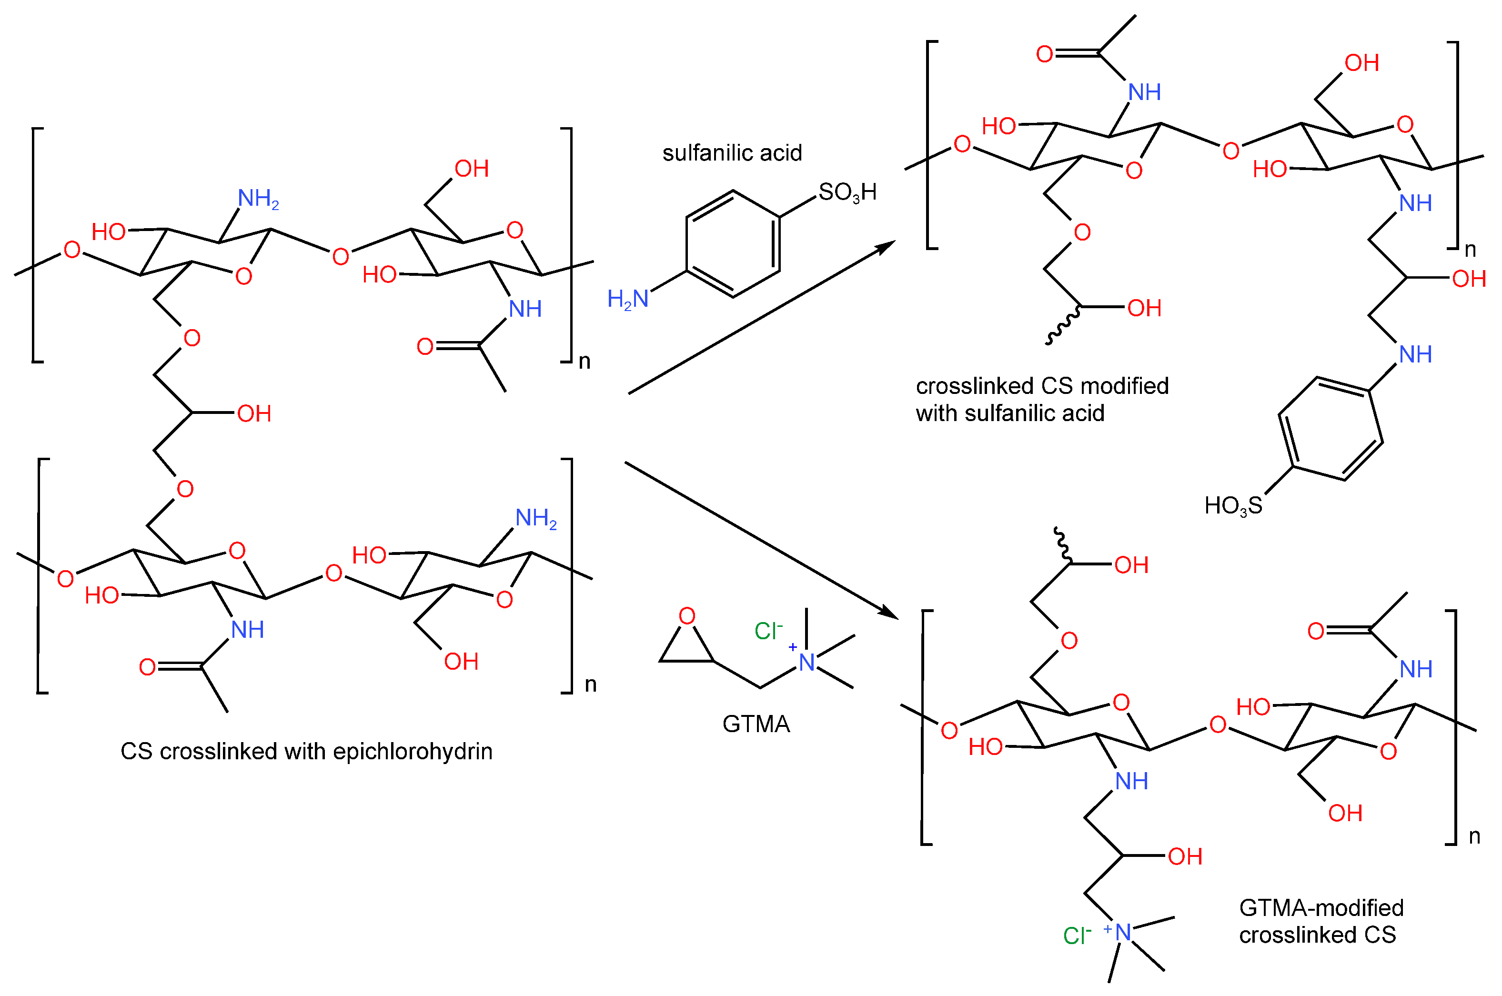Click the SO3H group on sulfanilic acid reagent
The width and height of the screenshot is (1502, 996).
pyautogui.click(x=847, y=192)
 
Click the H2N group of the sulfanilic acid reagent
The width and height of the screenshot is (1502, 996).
pyautogui.click(x=627, y=299)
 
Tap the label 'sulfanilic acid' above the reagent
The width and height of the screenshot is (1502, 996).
pyautogui.click(x=732, y=152)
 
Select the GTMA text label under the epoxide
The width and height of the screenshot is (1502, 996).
pyautogui.click(x=756, y=724)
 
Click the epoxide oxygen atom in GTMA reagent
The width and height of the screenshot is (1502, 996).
pyautogui.click(x=686, y=615)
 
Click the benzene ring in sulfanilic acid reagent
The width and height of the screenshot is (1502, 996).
pyautogui.click(x=733, y=244)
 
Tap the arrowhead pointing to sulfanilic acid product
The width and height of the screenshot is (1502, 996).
pyautogui.click(x=887, y=246)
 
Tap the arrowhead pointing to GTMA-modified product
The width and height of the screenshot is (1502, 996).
pyautogui.click(x=888, y=613)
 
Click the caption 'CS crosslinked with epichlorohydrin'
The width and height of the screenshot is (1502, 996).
pyautogui.click(x=306, y=752)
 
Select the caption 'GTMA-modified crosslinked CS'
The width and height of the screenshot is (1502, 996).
pyautogui.click(x=1321, y=922)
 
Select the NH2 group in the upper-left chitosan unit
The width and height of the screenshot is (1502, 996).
pyautogui.click(x=258, y=199)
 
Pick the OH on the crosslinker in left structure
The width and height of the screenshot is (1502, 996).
pyautogui.click(x=254, y=413)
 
